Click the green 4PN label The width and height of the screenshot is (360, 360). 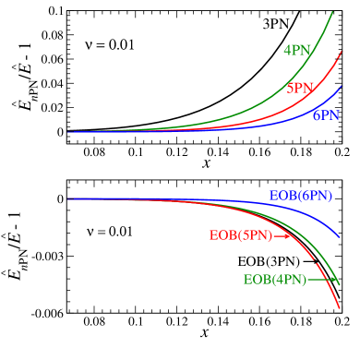pos(297,51)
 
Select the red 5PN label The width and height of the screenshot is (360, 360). pos(300,89)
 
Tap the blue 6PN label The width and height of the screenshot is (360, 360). pos(326,116)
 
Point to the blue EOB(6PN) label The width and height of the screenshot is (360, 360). pos(301,197)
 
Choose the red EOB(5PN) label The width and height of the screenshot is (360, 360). pos(241,235)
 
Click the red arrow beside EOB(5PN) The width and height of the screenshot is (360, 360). pos(282,235)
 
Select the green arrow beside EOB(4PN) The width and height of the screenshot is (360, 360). pos(320,280)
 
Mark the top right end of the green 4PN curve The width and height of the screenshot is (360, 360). pos(332,11)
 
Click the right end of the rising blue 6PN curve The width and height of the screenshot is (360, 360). pos(342,87)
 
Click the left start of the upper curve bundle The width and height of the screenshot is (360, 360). pos(68,131)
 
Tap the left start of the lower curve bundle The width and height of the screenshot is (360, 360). pos(68,198)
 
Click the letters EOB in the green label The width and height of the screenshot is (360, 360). pos(257,280)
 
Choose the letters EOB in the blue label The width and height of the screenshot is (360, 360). pos(282,197)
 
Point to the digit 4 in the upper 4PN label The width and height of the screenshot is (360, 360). pos(287,51)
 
